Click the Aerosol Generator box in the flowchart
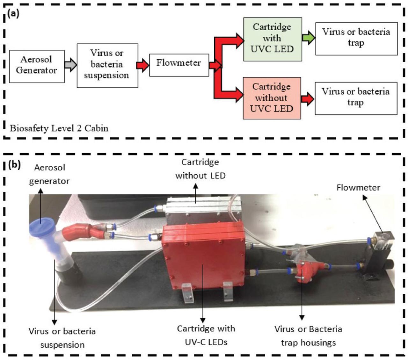coord(37,66)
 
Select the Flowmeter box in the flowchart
coord(179,65)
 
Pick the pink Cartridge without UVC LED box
coord(272,98)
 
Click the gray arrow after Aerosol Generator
coord(70,65)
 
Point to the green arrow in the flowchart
coord(308,38)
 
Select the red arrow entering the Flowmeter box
coord(142,65)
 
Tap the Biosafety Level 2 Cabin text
coord(59,128)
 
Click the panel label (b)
coord(14,165)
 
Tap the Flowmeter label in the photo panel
coord(358,188)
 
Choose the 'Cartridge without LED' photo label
coord(200,169)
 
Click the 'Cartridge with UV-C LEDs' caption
coord(206,335)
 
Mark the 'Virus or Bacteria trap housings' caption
coord(308,336)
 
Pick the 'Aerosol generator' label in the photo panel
coord(49,174)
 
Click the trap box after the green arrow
coord(356,39)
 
